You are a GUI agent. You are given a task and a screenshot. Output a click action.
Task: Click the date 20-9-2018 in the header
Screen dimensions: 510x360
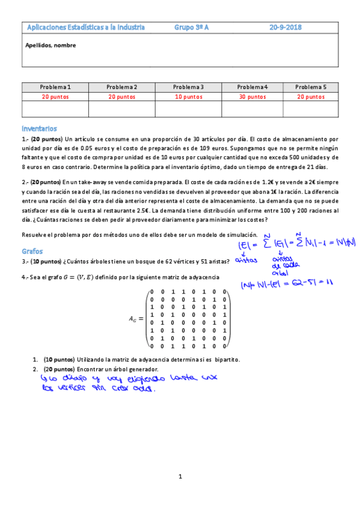(x=285, y=27)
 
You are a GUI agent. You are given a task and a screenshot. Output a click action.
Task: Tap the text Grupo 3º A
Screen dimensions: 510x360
(x=192, y=27)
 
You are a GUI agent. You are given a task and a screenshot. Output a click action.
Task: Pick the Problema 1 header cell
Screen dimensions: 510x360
(x=55, y=87)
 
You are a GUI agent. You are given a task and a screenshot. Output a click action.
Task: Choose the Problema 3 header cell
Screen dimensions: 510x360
(x=189, y=87)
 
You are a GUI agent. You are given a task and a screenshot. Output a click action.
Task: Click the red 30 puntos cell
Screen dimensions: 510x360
(x=252, y=96)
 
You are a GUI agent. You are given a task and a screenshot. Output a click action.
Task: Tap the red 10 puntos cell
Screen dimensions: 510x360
(x=189, y=96)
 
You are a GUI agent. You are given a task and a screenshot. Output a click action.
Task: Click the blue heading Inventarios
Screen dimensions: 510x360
(x=38, y=128)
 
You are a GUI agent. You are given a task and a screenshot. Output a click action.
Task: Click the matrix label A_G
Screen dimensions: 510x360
(x=134, y=320)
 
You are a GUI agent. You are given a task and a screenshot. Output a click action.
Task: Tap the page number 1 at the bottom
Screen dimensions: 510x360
(x=180, y=477)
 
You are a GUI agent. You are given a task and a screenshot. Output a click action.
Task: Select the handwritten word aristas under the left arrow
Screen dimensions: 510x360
(x=246, y=260)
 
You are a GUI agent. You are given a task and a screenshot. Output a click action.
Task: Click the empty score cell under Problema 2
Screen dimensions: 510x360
(x=122, y=108)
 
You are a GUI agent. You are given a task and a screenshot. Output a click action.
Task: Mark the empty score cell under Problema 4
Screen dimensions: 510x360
(x=252, y=108)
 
